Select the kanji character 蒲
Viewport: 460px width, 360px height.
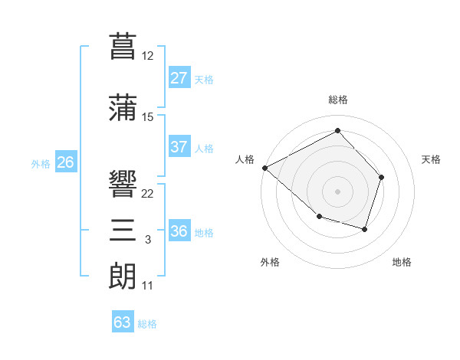[x=123, y=107]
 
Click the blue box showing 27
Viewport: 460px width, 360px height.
[x=179, y=78]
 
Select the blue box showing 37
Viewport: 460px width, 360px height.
[x=179, y=147]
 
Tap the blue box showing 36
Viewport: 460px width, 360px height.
[x=179, y=231]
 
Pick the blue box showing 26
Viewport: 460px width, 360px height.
[x=65, y=162]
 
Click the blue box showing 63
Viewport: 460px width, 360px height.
[x=122, y=322]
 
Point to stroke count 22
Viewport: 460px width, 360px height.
[x=148, y=193]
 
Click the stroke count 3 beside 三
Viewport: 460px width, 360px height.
[x=147, y=241]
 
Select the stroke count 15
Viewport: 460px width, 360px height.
[x=148, y=116]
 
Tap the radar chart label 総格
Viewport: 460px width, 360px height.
[x=337, y=100]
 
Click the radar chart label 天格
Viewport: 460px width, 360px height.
[x=431, y=159]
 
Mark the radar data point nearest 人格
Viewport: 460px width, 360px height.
[x=264, y=168]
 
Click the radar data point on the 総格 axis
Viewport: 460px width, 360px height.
[x=337, y=130]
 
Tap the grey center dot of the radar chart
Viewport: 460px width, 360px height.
[x=337, y=191]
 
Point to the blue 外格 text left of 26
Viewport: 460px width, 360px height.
[x=41, y=163]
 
